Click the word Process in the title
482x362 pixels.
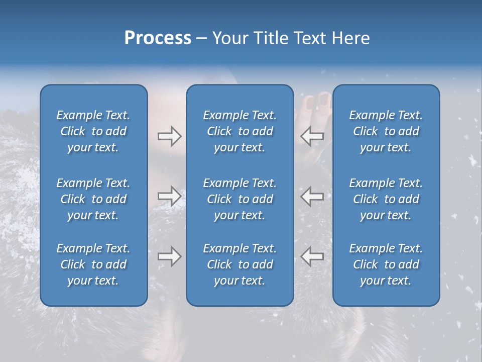click(158, 38)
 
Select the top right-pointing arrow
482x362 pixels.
click(169, 136)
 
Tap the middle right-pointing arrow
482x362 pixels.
click(169, 196)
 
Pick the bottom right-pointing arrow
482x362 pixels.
click(169, 256)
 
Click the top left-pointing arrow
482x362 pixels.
click(312, 136)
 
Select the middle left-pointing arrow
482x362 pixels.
click(312, 196)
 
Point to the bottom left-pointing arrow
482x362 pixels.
click(312, 256)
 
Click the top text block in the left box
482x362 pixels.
click(93, 131)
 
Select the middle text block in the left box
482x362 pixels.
click(93, 199)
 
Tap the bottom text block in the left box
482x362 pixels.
click(93, 264)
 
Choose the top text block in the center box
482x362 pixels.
click(240, 131)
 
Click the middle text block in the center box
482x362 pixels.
click(240, 199)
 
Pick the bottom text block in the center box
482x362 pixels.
click(240, 264)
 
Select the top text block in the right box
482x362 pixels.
click(386, 131)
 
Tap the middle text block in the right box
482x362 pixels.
click(386, 199)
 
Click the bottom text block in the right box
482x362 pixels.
click(386, 264)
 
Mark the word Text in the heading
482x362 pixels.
click(309, 38)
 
